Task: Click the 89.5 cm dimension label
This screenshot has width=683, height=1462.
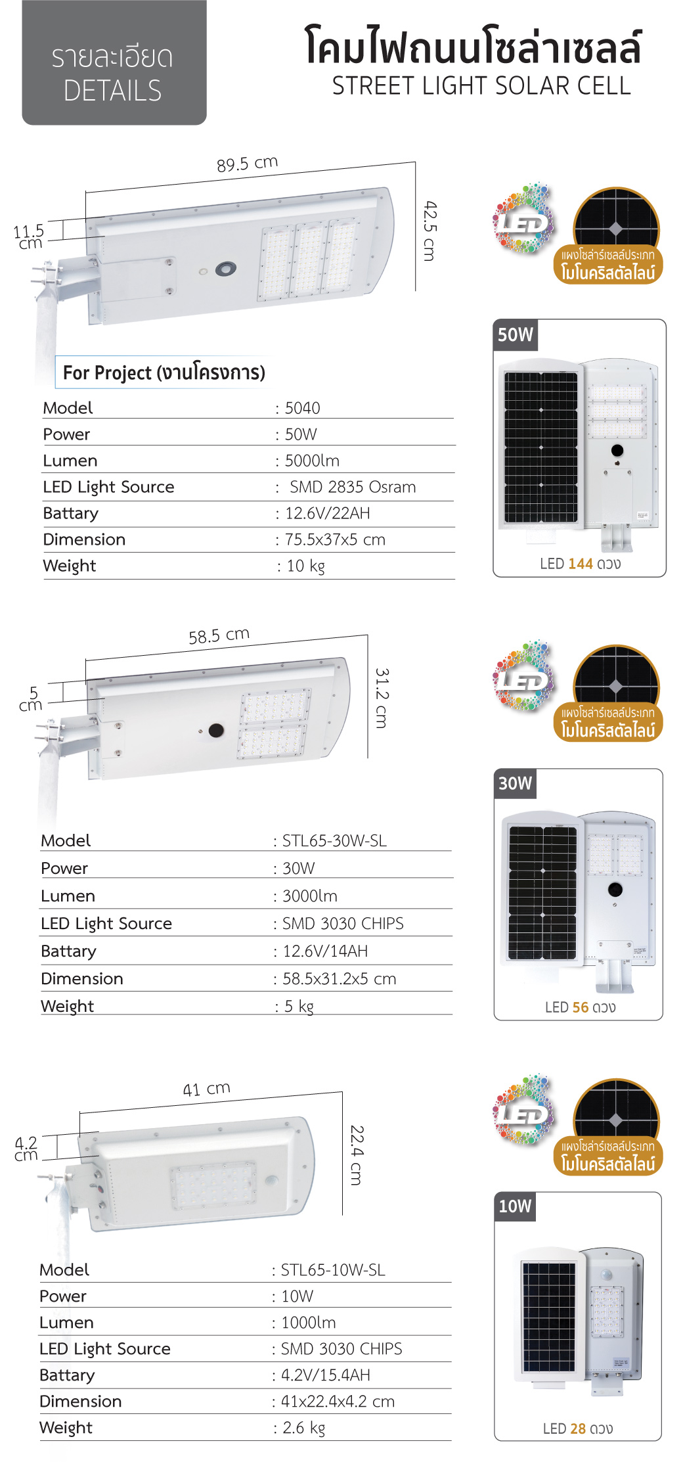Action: [247, 164]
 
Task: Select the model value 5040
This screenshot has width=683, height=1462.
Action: [302, 408]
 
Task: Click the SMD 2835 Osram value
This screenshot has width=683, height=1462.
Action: [353, 487]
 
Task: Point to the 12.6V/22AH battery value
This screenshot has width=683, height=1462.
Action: [327, 513]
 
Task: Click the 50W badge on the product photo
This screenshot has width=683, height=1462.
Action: [516, 335]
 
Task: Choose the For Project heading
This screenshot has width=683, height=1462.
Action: [164, 373]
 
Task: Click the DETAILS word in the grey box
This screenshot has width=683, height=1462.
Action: [112, 91]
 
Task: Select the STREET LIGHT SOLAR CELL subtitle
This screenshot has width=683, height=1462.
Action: [481, 86]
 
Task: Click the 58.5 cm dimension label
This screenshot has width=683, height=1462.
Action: [219, 635]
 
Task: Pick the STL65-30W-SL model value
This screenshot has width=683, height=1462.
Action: [334, 841]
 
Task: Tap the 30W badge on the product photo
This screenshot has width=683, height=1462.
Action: [516, 783]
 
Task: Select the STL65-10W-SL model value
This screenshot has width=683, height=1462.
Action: [333, 1270]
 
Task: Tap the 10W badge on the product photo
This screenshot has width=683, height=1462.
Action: [515, 1206]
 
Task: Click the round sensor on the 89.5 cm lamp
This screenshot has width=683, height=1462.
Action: [226, 268]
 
